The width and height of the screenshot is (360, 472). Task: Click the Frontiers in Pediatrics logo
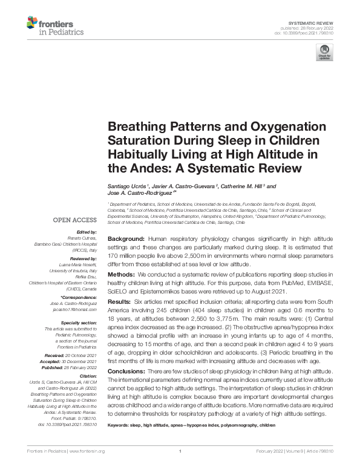pyautogui.click(x=55, y=26)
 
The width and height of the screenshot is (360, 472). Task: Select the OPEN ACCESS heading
pyautogui.click(x=75, y=220)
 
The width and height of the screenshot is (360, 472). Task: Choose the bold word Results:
pyautogui.click(x=120, y=301)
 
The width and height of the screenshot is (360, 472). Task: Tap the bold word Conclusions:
pyautogui.click(x=128, y=370)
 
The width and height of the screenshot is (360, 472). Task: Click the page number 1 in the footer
pyautogui.click(x=180, y=451)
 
